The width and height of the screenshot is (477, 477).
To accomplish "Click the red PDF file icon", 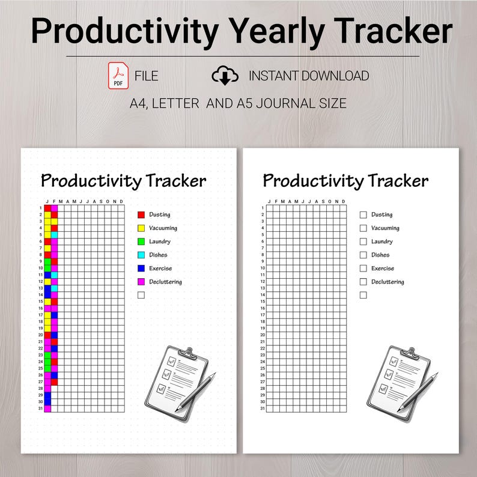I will [118, 76].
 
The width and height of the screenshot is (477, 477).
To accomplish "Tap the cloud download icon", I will [225, 76].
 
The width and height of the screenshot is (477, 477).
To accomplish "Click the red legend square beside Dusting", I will [141, 214].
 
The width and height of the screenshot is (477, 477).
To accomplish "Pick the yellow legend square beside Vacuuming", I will [141, 228].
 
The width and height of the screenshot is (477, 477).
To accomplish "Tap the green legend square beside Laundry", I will [141, 242].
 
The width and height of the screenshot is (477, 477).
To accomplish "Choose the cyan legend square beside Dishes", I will [141, 255].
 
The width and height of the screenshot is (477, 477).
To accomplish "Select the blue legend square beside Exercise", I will [141, 269].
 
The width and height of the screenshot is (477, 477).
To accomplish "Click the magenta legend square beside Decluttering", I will [141, 282].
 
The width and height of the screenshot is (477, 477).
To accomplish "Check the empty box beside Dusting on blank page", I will [363, 214].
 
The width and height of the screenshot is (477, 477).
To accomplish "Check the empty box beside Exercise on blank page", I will [363, 269].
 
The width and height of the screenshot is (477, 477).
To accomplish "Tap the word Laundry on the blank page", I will [382, 242].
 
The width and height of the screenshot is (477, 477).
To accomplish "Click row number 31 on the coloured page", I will [40, 409].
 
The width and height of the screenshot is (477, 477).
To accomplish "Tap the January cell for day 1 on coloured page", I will [47, 208].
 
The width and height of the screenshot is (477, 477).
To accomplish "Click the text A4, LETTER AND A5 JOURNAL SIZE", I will [239, 103].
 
